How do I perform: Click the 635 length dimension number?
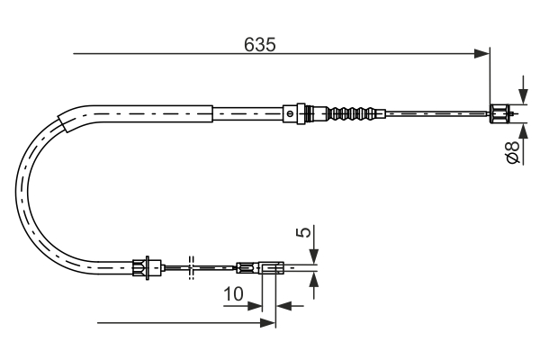coord(259,43)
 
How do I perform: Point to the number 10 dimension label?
coord(234,293)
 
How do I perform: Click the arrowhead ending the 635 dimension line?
coord(481,54)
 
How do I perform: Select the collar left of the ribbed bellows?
coord(290,113)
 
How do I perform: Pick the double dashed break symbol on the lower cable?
coord(191,266)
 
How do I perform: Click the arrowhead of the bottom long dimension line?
coord(266,322)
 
